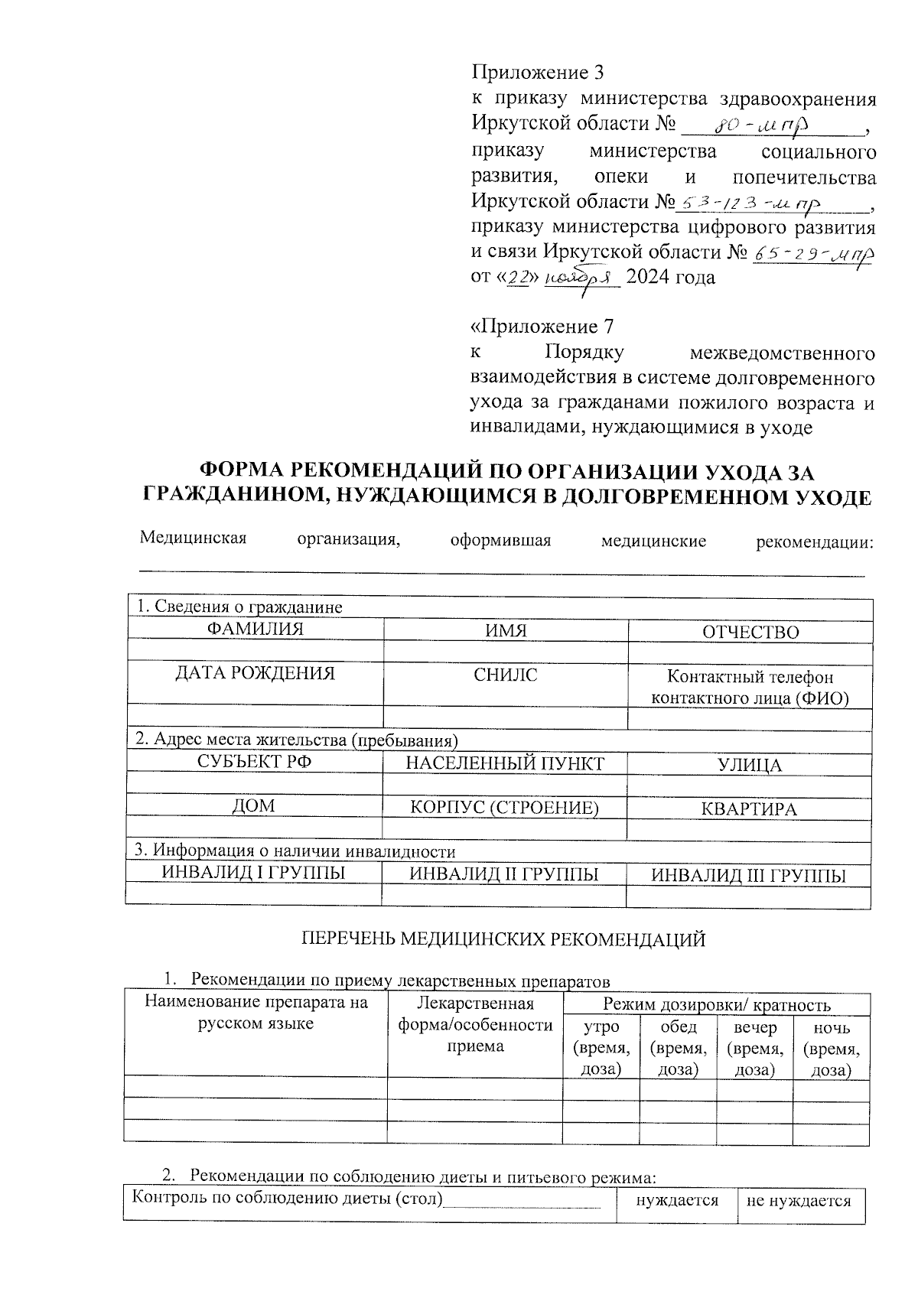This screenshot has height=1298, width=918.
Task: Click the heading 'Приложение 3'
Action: pyautogui.click(x=537, y=73)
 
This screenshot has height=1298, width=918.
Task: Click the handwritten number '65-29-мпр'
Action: pyautogui.click(x=812, y=253)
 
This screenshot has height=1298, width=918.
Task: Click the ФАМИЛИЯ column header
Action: pyautogui.click(x=255, y=629)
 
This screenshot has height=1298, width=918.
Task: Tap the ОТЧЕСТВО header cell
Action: pyautogui.click(x=750, y=632)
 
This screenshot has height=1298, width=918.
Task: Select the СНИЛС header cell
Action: pyautogui.click(x=505, y=675)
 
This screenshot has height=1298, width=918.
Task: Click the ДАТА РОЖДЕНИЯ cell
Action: pyautogui.click(x=255, y=673)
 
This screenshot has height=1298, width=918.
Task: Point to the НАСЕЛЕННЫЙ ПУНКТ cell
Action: pyautogui.click(x=505, y=763)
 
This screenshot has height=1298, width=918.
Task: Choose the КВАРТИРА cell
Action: pyautogui.click(x=750, y=809)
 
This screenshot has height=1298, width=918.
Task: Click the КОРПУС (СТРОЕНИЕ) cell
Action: pyautogui.click(x=505, y=808)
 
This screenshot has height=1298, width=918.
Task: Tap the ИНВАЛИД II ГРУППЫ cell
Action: pyautogui.click(x=504, y=875)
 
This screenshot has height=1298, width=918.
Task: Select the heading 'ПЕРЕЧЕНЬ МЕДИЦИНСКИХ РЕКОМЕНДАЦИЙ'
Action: pyautogui.click(x=504, y=940)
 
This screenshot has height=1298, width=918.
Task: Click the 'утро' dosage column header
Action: pyautogui.click(x=601, y=1048)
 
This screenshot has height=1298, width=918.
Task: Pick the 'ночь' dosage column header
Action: pyautogui.click(x=832, y=1048)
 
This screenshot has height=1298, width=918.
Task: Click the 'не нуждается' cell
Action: pyautogui.click(x=799, y=1202)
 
